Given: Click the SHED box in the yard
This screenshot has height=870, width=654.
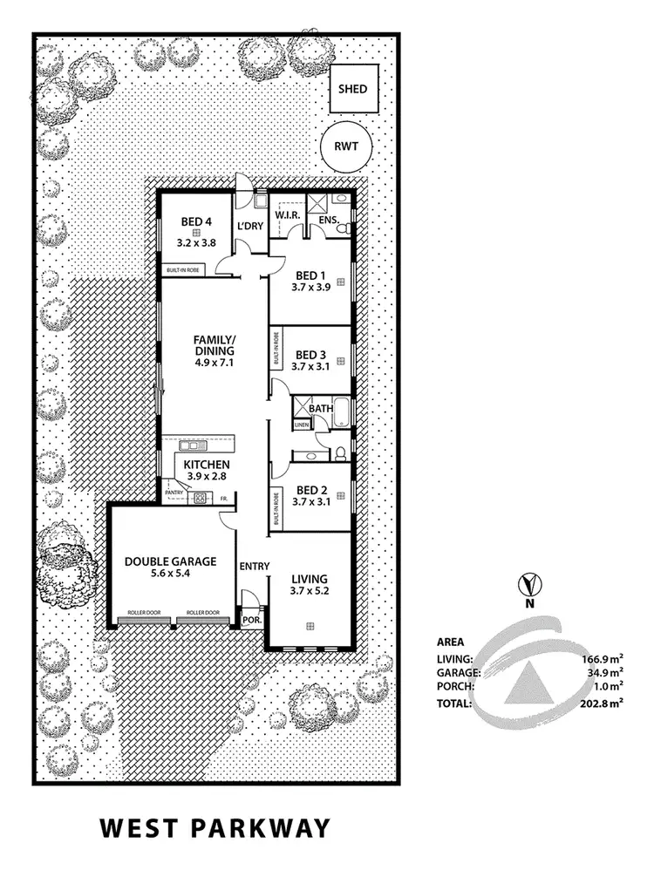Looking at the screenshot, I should point(352,89).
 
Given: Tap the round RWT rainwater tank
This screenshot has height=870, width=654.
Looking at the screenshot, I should point(346,146).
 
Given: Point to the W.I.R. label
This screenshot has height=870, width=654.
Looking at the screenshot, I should point(288,214).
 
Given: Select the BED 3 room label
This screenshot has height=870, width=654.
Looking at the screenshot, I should point(310,355).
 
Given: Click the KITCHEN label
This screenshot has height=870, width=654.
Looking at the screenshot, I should point(207,465).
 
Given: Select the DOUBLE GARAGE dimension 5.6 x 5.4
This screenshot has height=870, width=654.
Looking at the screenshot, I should point(170,574).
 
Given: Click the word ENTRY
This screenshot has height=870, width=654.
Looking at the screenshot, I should point(254,566).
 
